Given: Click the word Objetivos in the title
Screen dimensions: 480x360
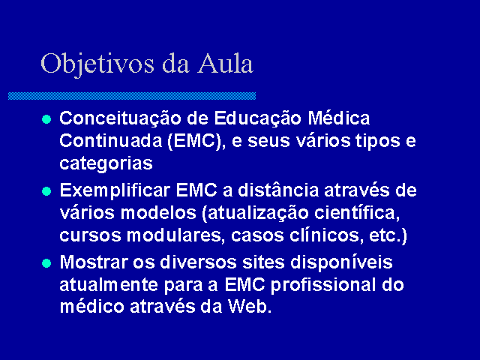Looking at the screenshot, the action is coord(97,64).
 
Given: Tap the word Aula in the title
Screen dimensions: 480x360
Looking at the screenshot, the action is coord(226,63).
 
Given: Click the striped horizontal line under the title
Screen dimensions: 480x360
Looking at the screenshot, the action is coord(132,96).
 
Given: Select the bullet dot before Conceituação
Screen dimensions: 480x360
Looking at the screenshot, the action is coord(46,119).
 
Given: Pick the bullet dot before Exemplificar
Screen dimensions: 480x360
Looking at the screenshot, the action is coord(46,191).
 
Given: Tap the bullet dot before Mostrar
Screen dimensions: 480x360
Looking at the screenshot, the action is coord(46,263).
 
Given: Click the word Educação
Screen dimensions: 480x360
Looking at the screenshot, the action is coord(258,119).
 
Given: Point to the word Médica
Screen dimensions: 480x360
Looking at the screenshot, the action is coord(339,118).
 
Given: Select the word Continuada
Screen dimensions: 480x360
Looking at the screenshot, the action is coord(111,141).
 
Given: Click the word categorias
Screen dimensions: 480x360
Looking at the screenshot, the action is coord(106,164).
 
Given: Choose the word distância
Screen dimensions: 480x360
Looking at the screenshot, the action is coord(278,190).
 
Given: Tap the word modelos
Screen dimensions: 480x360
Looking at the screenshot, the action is coord(158,213).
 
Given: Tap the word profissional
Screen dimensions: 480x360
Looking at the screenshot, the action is coord(323,286).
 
